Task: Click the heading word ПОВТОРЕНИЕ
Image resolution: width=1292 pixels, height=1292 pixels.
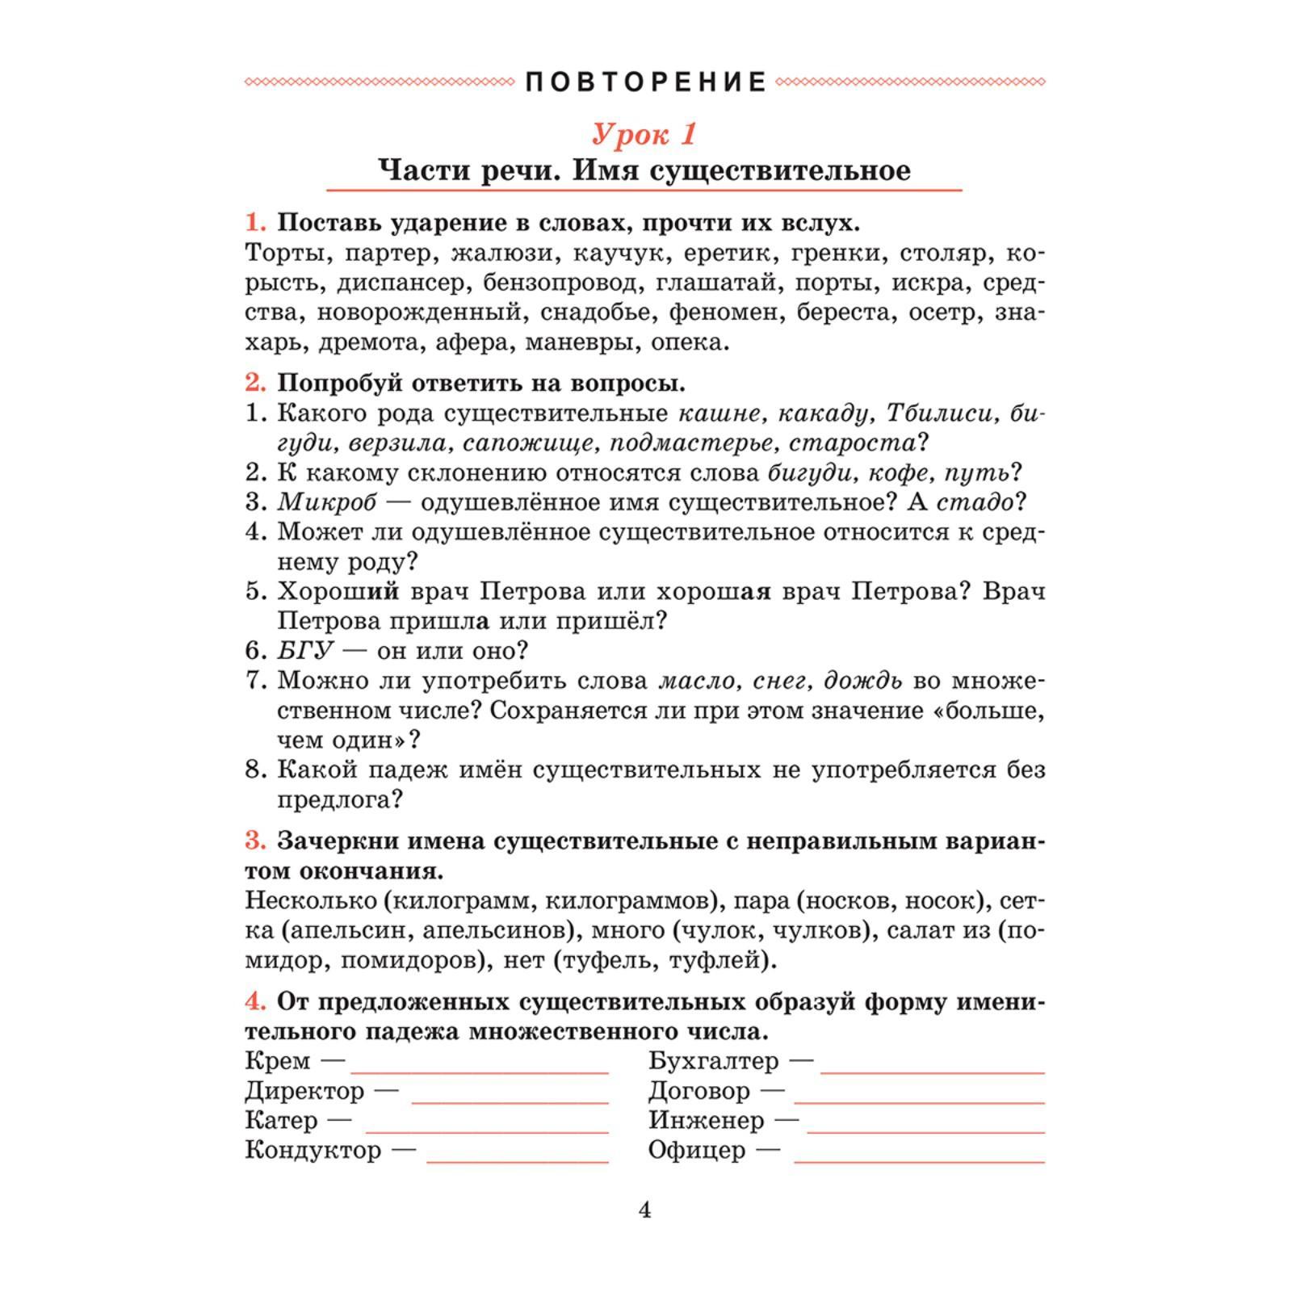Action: coord(646,82)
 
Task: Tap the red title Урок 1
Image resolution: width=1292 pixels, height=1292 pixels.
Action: coord(644,134)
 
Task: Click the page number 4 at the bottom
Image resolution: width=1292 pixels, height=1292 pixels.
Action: coord(644,1210)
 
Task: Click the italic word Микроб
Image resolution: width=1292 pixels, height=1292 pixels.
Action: coord(327,502)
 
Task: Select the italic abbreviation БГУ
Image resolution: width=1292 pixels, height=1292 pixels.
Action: coord(305,651)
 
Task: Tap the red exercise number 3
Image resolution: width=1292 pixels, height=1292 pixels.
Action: coord(255,841)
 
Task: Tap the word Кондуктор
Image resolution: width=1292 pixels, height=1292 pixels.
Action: coord(313,1150)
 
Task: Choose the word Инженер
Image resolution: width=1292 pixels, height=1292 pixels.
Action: coord(706,1121)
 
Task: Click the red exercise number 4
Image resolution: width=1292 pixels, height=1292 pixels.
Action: coord(255,1002)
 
